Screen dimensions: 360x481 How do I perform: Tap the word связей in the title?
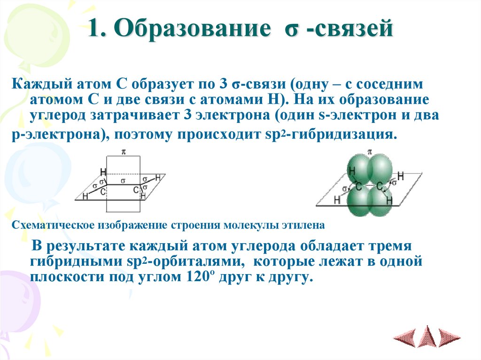(x=357, y=30)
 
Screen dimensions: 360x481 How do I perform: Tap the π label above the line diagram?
(x=124, y=152)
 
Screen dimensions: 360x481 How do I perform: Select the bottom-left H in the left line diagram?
(x=85, y=196)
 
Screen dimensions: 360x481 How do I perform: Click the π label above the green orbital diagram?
(x=370, y=152)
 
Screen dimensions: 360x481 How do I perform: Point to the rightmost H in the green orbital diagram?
(x=401, y=176)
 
